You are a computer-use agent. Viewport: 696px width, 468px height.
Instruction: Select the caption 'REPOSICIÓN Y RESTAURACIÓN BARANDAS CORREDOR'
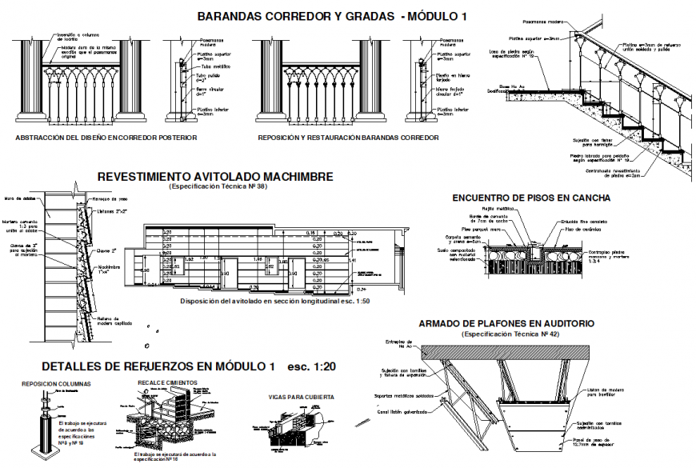point(348,138)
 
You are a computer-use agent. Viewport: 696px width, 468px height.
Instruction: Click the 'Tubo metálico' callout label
point(211,67)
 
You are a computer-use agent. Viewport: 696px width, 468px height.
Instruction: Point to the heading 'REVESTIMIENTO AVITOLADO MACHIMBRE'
point(215,177)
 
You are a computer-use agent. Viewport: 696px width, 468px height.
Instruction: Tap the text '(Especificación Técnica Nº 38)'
point(216,186)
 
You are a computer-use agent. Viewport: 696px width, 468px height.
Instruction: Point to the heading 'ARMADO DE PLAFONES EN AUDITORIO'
point(506,324)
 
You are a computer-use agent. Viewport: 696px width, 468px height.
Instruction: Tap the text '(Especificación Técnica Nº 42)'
point(506,334)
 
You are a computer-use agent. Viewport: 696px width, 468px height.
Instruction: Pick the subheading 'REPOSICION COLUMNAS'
point(57,383)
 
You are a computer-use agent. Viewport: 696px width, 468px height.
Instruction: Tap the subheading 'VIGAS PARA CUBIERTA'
point(300,396)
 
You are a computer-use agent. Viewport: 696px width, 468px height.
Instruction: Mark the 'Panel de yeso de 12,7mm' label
point(595,442)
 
